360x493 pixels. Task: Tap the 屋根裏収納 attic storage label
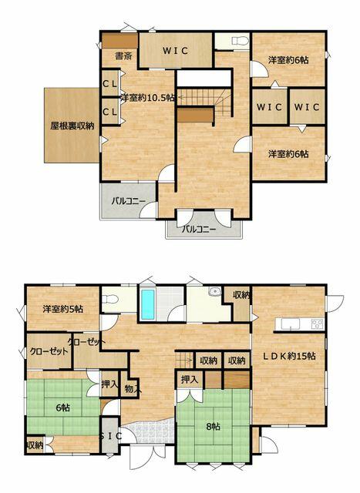click(72, 126)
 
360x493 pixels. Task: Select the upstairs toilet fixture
click(240, 40)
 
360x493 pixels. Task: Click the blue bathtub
click(147, 304)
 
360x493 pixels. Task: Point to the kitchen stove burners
click(317, 324)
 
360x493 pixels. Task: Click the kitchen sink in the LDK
click(291, 324)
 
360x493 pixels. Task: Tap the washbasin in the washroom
click(215, 291)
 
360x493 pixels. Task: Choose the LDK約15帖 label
click(290, 356)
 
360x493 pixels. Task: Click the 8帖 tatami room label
click(213, 427)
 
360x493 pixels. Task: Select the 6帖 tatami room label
click(63, 408)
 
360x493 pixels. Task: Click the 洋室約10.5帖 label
click(147, 98)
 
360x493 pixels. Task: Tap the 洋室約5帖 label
click(63, 309)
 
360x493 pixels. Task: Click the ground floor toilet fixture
click(109, 299)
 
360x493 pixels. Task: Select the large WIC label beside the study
click(176, 51)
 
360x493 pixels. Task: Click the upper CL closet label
click(110, 84)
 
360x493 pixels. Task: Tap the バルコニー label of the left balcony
click(129, 201)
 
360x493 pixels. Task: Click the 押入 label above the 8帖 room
click(190, 380)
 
